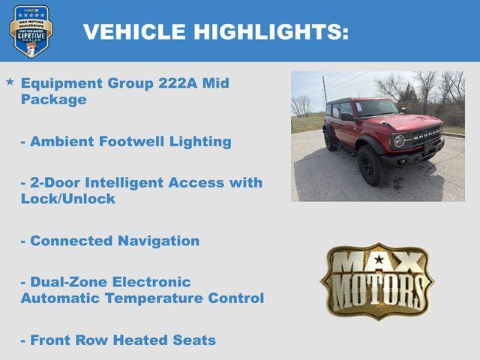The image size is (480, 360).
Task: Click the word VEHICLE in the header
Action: (134, 31)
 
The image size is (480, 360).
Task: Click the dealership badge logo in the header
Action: (31, 31)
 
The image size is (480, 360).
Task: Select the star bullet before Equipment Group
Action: (10, 81)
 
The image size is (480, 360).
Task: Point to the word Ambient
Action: (62, 141)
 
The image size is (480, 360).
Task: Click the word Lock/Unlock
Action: (68, 199)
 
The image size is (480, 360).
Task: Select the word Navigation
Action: (158, 241)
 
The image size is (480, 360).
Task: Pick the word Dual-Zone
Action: (69, 282)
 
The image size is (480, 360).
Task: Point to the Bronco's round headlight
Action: (399, 140)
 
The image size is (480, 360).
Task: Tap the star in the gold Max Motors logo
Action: (379, 259)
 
